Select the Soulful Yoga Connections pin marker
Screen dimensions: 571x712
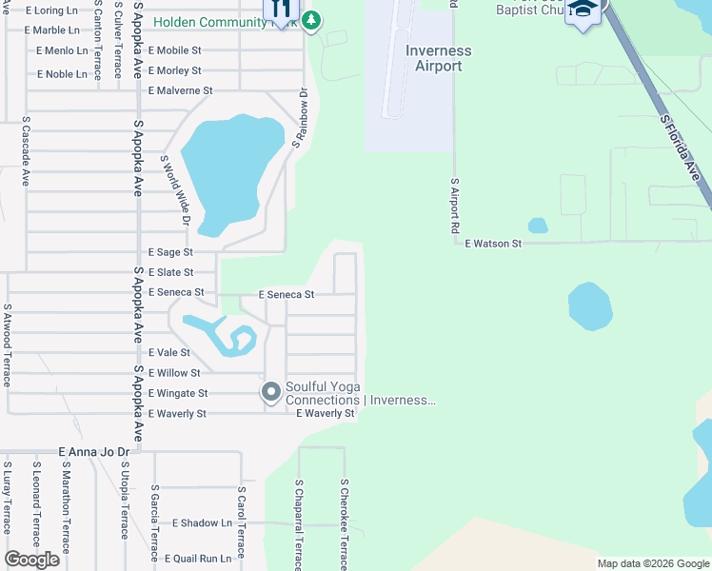(271, 391)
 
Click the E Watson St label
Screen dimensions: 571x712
(493, 244)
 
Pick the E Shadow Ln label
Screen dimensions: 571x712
(202, 523)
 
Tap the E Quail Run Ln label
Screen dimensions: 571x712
(198, 559)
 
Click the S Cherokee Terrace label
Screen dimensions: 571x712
(345, 523)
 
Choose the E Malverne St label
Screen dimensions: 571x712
(181, 90)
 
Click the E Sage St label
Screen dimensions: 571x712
(170, 252)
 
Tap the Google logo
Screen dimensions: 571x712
(31, 560)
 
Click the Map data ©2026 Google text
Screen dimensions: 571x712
(653, 563)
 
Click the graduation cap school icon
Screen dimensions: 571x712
(581, 11)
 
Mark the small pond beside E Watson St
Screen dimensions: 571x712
(538, 226)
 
